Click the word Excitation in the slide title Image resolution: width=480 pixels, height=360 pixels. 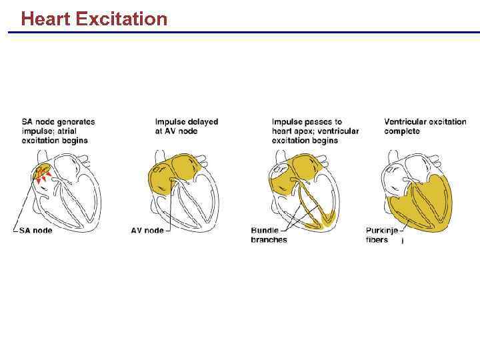coord(122,19)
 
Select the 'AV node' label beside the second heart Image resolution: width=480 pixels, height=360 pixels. coord(147,231)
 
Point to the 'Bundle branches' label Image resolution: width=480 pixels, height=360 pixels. coord(269,235)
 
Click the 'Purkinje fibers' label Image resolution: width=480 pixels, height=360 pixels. coord(382,235)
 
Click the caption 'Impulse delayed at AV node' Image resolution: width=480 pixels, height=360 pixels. coord(187,127)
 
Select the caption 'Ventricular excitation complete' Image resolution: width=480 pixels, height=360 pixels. coord(425,127)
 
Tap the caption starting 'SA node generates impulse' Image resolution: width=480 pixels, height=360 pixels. coord(59,131)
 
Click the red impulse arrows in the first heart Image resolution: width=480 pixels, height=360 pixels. coord(42,175)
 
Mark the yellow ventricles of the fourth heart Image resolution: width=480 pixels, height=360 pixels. coord(427,203)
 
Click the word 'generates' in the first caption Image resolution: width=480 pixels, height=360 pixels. coord(74,122)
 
